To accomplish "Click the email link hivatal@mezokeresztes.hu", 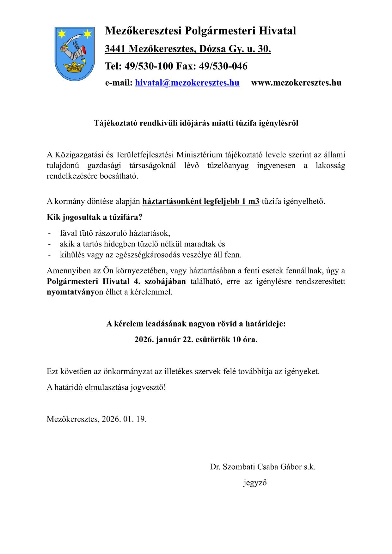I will coord(187,83).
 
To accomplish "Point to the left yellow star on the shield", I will coord(62,33).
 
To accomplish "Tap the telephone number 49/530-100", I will coord(149,66).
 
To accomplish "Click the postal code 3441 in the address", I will coord(115,49).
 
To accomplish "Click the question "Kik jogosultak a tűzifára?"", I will coord(95,217).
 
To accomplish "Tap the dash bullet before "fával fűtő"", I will coord(49,234).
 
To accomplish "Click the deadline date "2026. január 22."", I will coord(164,340).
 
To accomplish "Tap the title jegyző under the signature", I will coord(255,483).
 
